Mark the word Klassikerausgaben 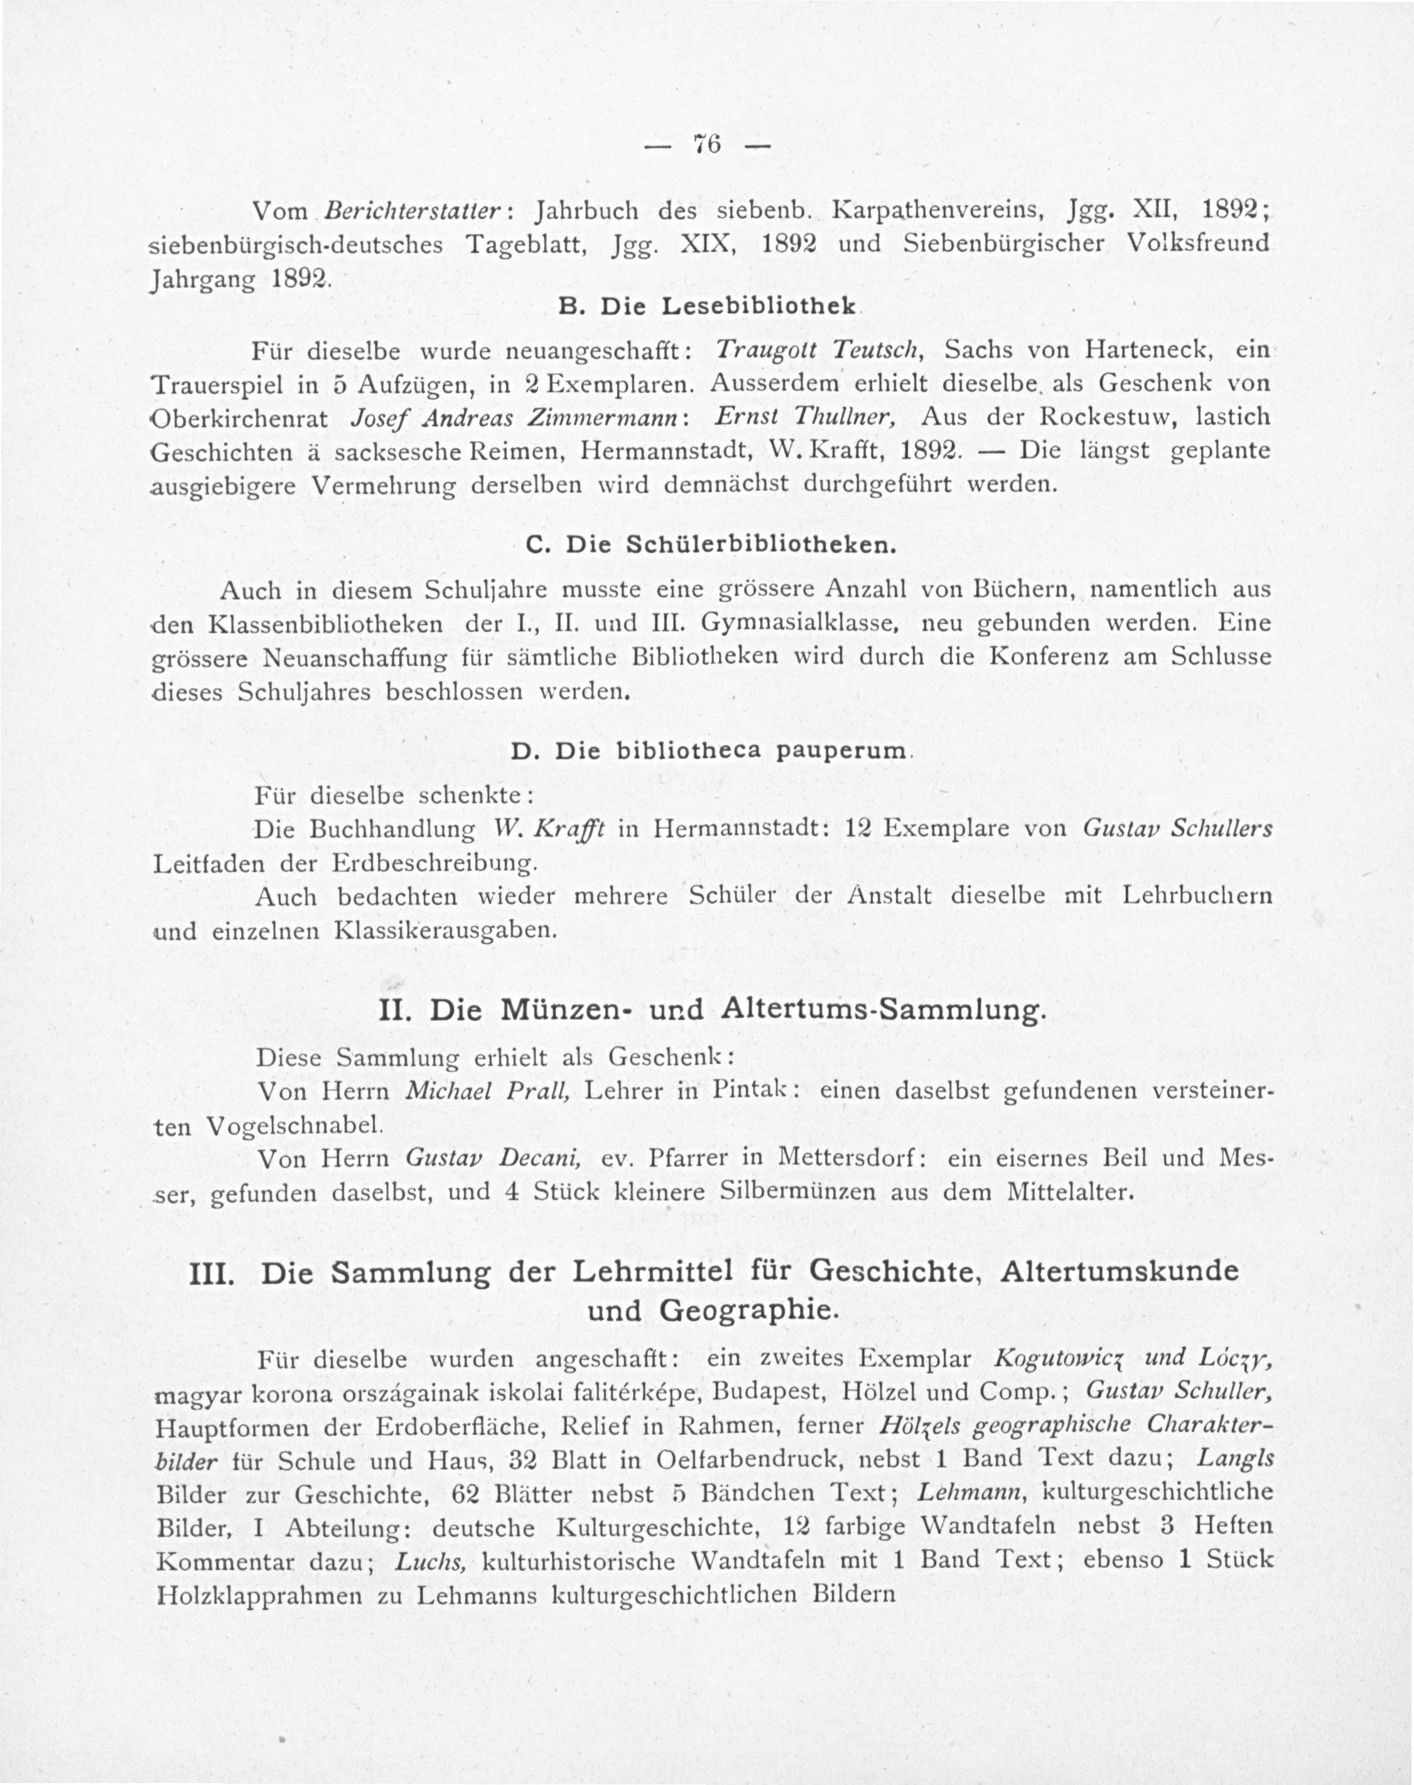(x=442, y=930)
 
